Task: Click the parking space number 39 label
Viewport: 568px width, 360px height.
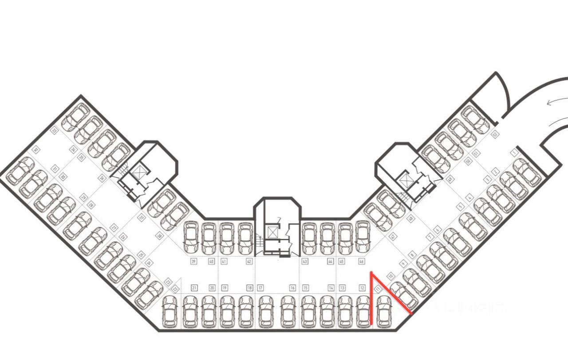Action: point(193,261)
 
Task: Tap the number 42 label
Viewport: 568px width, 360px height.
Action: point(249,261)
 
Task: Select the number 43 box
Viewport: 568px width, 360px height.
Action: point(305,261)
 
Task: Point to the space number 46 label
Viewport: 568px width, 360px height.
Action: point(362,261)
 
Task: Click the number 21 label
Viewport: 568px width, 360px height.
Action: point(194,288)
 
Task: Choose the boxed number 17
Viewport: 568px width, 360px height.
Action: point(260,288)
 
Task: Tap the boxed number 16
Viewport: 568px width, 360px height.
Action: point(292,288)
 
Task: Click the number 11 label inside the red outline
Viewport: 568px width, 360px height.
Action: point(378,289)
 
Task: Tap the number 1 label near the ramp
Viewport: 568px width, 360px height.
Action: point(515,152)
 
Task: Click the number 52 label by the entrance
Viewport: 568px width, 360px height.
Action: point(495,134)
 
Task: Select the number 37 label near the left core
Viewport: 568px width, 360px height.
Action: point(142,218)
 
